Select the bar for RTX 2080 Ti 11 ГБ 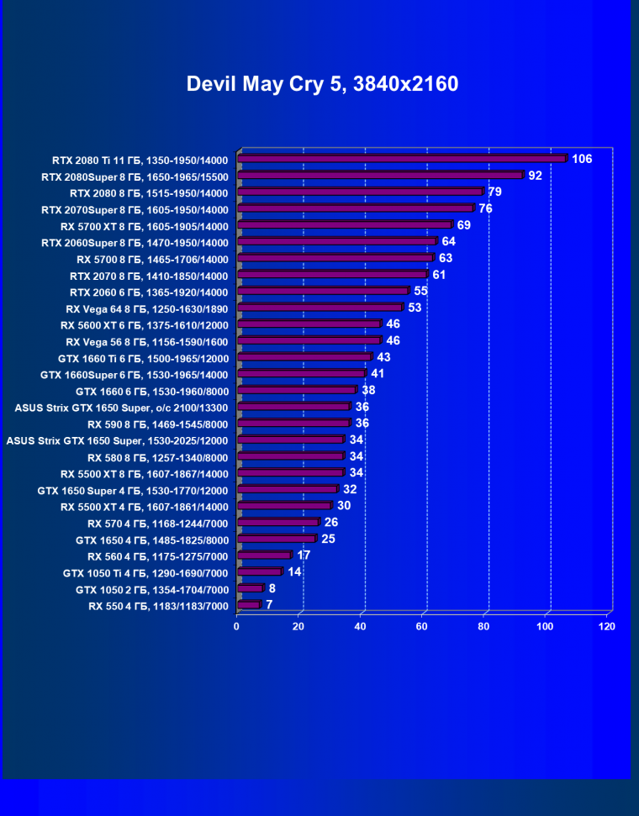click(x=402, y=159)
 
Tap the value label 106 click(x=582, y=159)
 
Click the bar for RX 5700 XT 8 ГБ click(x=345, y=225)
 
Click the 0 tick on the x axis click(x=237, y=627)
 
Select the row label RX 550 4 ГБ click(x=158, y=606)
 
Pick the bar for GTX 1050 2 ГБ click(x=250, y=589)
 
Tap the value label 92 click(x=535, y=176)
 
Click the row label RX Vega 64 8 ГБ click(x=146, y=308)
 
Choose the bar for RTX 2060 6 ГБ click(x=323, y=292)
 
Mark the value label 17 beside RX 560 click(x=304, y=555)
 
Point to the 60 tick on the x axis click(x=423, y=627)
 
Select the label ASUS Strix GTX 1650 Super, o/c click(x=121, y=408)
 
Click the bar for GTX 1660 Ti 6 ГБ click(x=304, y=357)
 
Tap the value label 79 click(x=494, y=192)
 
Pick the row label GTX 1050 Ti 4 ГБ click(x=145, y=573)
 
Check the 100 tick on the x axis click(x=546, y=627)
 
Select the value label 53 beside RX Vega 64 click(x=414, y=308)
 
